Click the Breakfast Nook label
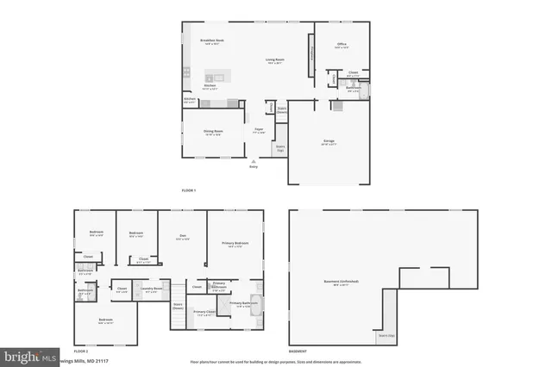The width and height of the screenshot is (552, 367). coord(212,41)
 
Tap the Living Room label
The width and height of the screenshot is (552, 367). coord(274,60)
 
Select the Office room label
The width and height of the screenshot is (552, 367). coord(342,46)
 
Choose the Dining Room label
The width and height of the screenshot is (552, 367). coord(212,133)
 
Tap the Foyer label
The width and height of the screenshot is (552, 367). coord(258,131)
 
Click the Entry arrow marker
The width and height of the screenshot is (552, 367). coord(254,162)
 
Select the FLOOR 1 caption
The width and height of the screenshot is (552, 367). coord(189,190)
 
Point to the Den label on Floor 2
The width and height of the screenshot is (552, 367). coord(182,238)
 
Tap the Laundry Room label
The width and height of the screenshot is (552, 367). coord(151,290)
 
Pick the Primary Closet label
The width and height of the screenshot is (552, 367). coord(204,313)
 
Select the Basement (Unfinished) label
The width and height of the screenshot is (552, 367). coord(342,283)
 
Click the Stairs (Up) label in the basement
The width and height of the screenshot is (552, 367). coord(386,335)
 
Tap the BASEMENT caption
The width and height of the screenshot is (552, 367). coord(298,351)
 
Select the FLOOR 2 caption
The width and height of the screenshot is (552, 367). coord(81,351)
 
